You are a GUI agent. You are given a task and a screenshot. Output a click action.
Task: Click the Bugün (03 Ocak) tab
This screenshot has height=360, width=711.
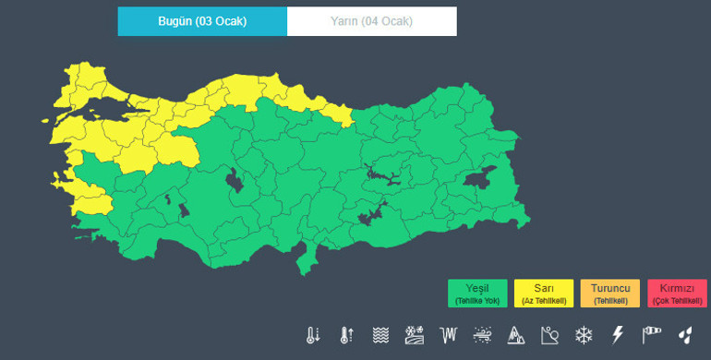pyautogui.click(x=201, y=21)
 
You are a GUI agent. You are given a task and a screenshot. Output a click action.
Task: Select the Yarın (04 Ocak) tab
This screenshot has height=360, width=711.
pyautogui.click(x=371, y=21)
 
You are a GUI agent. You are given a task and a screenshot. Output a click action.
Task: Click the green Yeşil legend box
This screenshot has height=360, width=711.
pyautogui.click(x=477, y=293)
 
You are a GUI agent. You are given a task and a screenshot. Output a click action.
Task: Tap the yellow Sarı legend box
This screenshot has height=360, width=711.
pyautogui.click(x=544, y=293)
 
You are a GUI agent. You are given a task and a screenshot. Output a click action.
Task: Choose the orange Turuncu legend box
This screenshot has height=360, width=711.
pyautogui.click(x=609, y=293)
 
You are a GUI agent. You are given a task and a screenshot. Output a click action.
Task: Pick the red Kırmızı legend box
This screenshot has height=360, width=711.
pyautogui.click(x=677, y=293)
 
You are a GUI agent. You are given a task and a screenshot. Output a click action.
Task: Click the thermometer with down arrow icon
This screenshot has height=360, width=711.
pyautogui.click(x=313, y=334)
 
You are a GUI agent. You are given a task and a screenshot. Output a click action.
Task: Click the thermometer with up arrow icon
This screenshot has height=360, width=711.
pyautogui.click(x=346, y=334)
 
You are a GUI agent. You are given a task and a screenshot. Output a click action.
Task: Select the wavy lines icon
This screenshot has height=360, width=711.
pyautogui.click(x=380, y=334)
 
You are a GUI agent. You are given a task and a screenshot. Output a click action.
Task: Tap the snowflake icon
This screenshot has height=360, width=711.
pyautogui.click(x=584, y=334)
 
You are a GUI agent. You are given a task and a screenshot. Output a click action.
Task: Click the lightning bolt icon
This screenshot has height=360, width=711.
pyautogui.click(x=618, y=334)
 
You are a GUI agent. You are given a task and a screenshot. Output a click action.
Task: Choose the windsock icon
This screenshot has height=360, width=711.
pyautogui.click(x=652, y=334)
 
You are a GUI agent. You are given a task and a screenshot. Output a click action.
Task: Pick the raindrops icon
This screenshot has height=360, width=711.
pyautogui.click(x=685, y=334)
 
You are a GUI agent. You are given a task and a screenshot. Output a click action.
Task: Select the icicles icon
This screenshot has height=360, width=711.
pyautogui.click(x=449, y=334)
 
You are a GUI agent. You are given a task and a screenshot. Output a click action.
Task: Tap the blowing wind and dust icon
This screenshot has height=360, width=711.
pyautogui.click(x=482, y=334)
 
